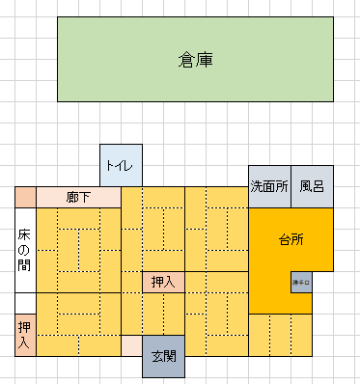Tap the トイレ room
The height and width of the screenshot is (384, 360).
coord(122,166)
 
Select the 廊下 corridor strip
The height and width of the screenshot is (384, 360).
coord(78,197)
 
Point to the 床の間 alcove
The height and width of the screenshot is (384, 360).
coord(24,250)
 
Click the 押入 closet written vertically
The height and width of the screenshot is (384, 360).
coord(24,335)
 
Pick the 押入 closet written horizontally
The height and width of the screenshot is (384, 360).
coord(163,282)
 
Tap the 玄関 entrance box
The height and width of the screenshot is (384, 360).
coord(163,355)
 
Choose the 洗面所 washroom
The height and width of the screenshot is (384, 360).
coord(269,186)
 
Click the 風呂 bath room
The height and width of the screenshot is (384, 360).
coord(312,186)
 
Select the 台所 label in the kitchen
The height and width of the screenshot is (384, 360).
coord(291,239)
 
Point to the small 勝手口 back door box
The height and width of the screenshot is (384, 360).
coord(301,282)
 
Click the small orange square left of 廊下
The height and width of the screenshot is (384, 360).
coord(24,197)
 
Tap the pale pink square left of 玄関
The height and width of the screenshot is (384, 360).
coord(131,345)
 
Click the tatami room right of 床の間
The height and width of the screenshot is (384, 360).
coord(77,250)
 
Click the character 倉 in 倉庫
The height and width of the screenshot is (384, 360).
coord(186,60)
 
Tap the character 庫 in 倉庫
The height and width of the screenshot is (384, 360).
coord(204,60)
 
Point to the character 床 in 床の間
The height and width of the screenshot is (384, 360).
coord(24,234)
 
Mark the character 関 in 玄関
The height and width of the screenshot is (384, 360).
coord(170,355)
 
